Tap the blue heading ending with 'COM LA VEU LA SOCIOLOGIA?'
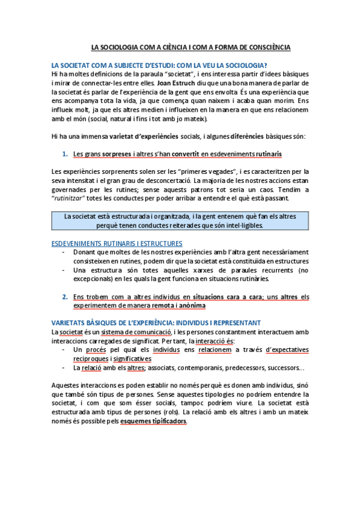(160, 65)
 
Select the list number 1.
(64, 154)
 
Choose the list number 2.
(64, 296)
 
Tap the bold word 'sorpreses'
(116, 154)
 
